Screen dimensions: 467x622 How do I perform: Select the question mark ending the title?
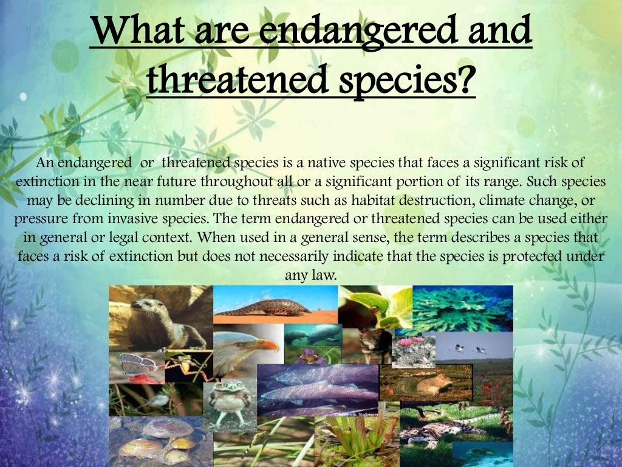[464, 80]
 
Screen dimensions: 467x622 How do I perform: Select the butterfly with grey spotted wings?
[132, 364]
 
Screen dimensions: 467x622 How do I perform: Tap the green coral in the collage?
[462, 309]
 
